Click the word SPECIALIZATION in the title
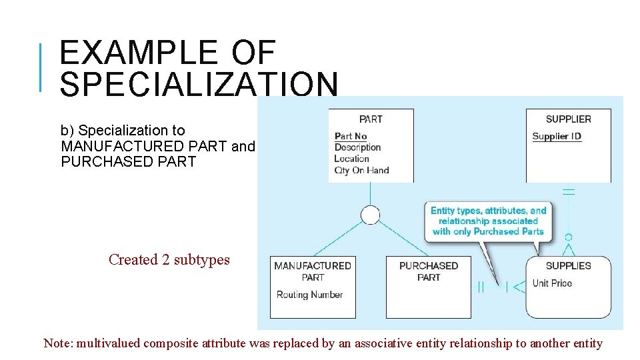click(x=199, y=84)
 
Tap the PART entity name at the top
click(x=371, y=119)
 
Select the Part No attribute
click(x=351, y=137)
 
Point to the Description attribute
click(x=357, y=147)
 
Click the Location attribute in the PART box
click(x=351, y=159)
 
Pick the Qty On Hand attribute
click(x=361, y=170)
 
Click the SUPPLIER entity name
click(x=568, y=119)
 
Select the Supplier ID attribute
click(x=557, y=137)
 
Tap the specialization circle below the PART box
click(x=370, y=215)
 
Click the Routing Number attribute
click(x=309, y=295)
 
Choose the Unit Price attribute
click(x=552, y=283)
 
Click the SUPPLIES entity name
click(x=568, y=266)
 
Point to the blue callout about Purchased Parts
click(x=488, y=221)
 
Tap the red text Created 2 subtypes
click(x=169, y=260)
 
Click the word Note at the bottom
click(x=57, y=344)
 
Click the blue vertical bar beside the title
click(x=41, y=67)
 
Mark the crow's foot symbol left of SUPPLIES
click(x=518, y=287)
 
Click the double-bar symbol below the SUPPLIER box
click(x=568, y=192)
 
